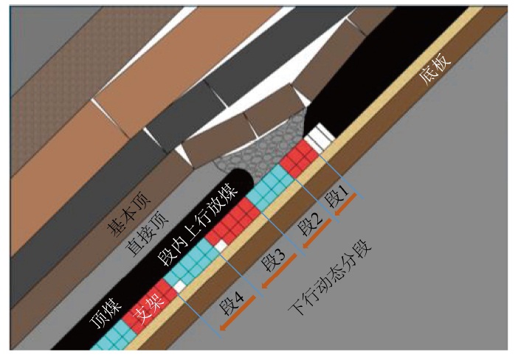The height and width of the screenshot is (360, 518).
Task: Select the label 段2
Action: (309, 225)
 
